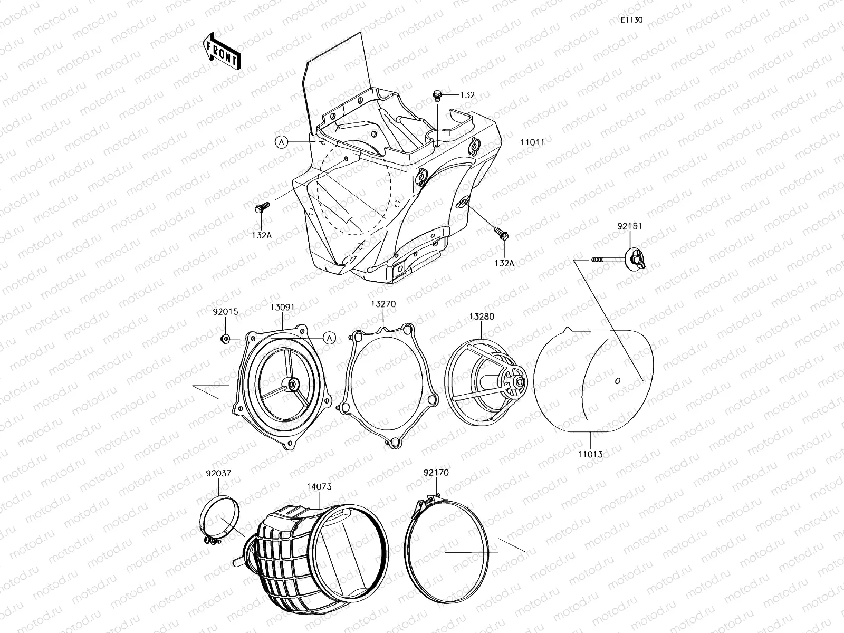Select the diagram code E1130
pyautogui.click(x=631, y=20)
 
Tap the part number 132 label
pyautogui.click(x=467, y=95)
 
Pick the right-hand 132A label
pyautogui.click(x=504, y=262)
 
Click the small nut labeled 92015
pyautogui.click(x=225, y=338)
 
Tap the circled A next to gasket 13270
pyautogui.click(x=329, y=338)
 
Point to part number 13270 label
pyautogui.click(x=383, y=304)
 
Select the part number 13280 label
pyautogui.click(x=481, y=316)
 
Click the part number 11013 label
pyautogui.click(x=590, y=454)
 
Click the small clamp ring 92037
pyautogui.click(x=220, y=514)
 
